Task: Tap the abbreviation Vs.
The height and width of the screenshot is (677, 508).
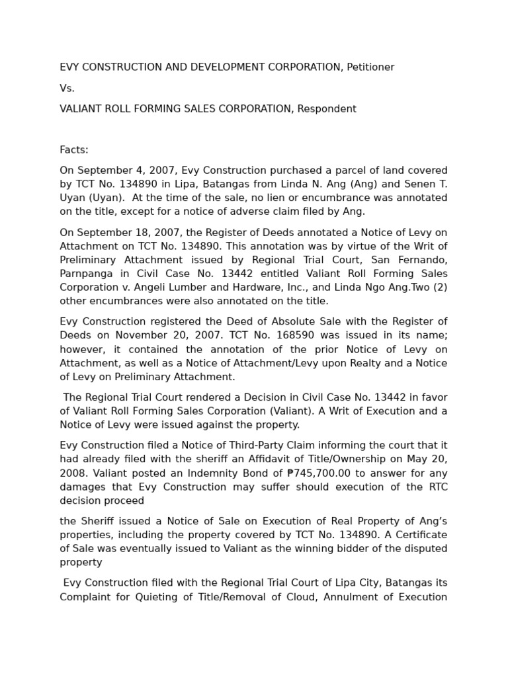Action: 67,88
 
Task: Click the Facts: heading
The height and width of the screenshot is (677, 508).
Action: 74,150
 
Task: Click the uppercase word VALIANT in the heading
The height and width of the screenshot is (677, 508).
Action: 81,109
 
